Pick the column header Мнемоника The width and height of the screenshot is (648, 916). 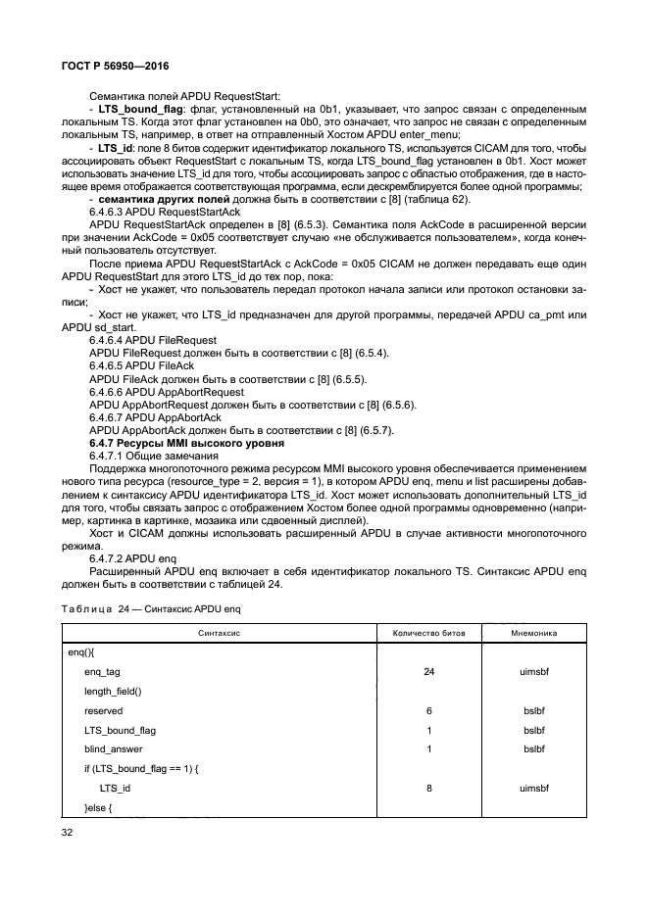point(534,633)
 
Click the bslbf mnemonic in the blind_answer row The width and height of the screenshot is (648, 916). point(534,748)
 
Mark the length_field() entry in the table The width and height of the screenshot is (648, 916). point(113,691)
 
